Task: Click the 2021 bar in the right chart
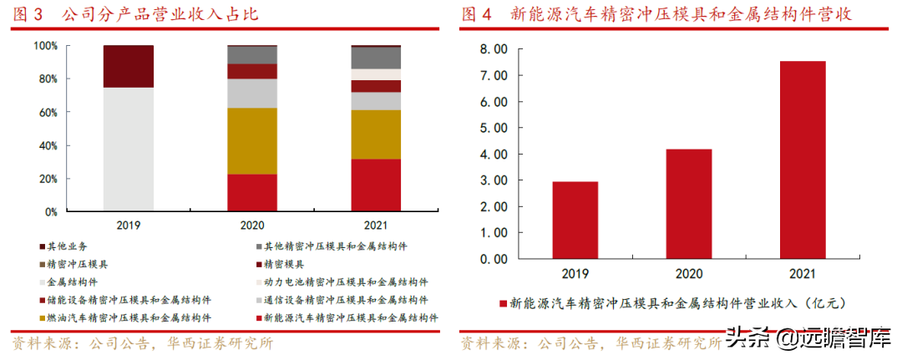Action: coord(802,160)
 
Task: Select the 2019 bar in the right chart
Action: coord(575,221)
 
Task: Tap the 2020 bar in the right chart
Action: coord(688,204)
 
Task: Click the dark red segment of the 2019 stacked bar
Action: coord(129,66)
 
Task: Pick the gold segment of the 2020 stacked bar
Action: coord(252,140)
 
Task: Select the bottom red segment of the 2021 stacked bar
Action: coord(375,185)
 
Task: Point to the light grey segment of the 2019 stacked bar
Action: coord(129,150)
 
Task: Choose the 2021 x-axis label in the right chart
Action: coord(802,272)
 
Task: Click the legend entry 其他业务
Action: coord(67,246)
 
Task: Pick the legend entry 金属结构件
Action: coord(73,282)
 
